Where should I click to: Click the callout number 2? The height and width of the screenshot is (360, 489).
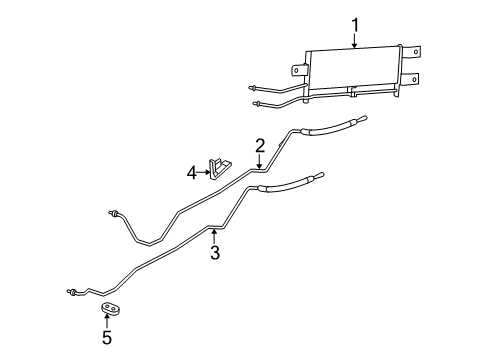tap(259, 146)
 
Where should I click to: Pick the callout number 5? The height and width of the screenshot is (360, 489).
tap(107, 338)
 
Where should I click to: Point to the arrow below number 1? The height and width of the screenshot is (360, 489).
tap(355, 42)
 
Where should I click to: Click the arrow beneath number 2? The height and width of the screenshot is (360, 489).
tap(259, 162)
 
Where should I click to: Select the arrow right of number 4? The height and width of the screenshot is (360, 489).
tap(206, 171)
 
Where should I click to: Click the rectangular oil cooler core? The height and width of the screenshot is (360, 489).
tap(355, 69)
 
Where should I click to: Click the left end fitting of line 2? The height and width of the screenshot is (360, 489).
tap(115, 213)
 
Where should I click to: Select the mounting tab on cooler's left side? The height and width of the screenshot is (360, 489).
tap(298, 70)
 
